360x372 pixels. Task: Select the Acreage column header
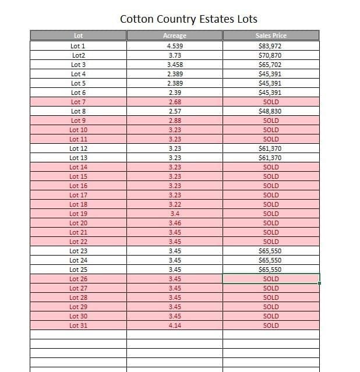click(174, 36)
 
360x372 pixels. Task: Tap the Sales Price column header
click(271, 36)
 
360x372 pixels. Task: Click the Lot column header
click(78, 36)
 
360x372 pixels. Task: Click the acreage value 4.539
click(174, 46)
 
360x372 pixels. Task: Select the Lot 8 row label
click(78, 111)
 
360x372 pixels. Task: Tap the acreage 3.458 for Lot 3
click(174, 65)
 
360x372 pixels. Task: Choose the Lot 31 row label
click(78, 325)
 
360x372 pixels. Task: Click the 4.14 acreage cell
click(174, 325)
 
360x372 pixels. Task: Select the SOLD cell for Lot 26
click(271, 279)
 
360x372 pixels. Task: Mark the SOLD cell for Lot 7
click(271, 102)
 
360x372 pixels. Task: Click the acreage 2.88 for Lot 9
click(174, 121)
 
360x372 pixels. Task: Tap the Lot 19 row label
click(78, 214)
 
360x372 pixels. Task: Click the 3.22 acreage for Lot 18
click(174, 204)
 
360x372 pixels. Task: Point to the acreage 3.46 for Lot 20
click(174, 223)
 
